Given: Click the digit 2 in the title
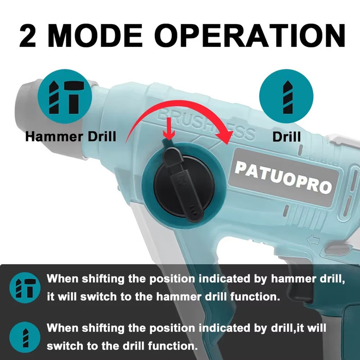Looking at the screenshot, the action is [x=28, y=36].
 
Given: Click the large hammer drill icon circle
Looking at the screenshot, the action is [x=65, y=97].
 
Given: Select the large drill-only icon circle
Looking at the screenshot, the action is [x=286, y=97].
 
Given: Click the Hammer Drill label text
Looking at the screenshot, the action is [x=71, y=137].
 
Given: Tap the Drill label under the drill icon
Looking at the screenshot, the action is [x=286, y=137].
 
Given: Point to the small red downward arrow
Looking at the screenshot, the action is [x=169, y=129].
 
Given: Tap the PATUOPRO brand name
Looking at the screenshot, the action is [x=283, y=177].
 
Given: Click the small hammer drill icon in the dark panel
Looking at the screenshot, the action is [x=25, y=287].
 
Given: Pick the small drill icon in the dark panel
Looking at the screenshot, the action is [x=25, y=337].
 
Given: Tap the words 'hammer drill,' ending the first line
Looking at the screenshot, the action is [x=308, y=279].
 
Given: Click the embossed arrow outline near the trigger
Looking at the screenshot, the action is [x=313, y=240].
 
